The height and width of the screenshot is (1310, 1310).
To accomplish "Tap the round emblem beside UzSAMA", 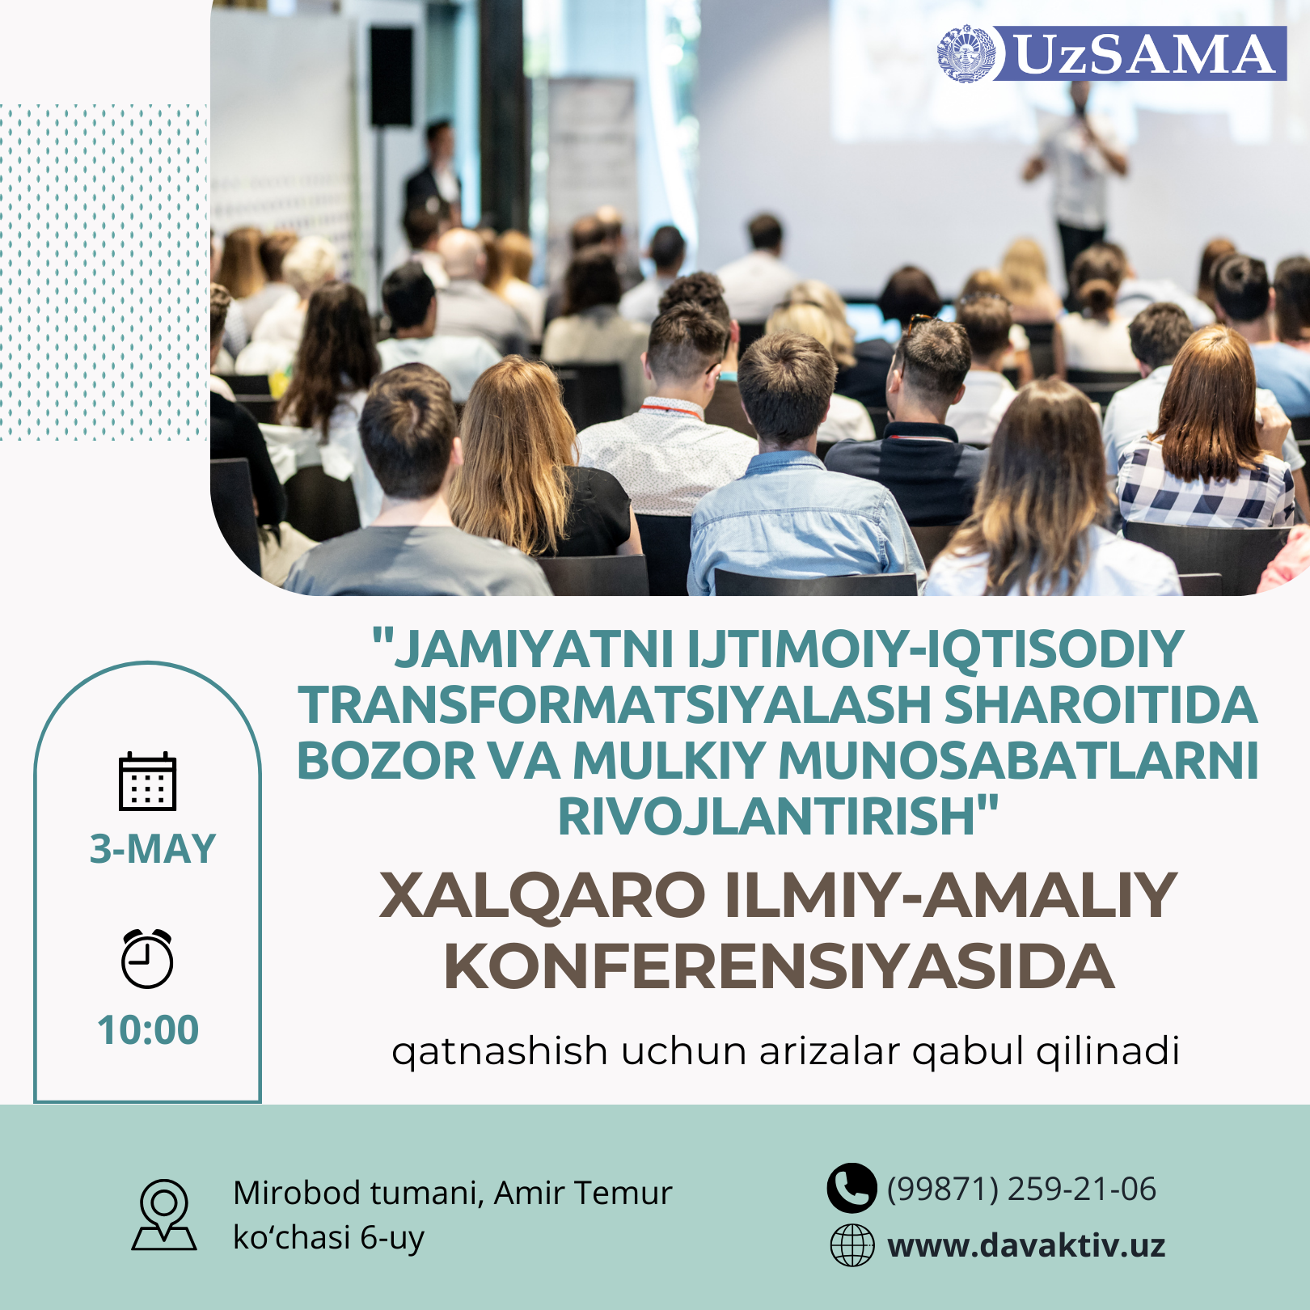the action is (x=968, y=53).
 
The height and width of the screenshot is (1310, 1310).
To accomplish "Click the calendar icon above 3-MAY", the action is (x=147, y=781).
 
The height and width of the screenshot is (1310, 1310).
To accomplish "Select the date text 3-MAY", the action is (x=153, y=849).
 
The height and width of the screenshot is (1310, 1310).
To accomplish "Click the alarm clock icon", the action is (x=147, y=959).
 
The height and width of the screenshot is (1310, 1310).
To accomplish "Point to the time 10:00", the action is (x=148, y=1030).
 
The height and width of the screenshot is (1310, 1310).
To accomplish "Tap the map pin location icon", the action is (x=164, y=1215).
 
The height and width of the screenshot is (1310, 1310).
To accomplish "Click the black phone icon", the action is (x=851, y=1188).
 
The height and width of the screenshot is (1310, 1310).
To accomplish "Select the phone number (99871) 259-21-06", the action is (x=1021, y=1190).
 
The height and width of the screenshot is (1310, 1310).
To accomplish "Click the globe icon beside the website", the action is (x=852, y=1245).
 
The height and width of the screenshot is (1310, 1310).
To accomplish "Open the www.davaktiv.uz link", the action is (x=1026, y=1245).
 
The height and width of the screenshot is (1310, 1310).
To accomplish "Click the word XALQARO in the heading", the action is (x=543, y=897).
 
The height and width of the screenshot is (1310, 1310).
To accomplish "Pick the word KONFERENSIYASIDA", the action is (x=780, y=967).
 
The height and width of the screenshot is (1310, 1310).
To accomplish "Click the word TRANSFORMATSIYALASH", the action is (x=615, y=705).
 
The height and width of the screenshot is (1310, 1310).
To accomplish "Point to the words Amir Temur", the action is (x=583, y=1193).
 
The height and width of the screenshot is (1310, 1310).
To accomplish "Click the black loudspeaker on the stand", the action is (x=391, y=77).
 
